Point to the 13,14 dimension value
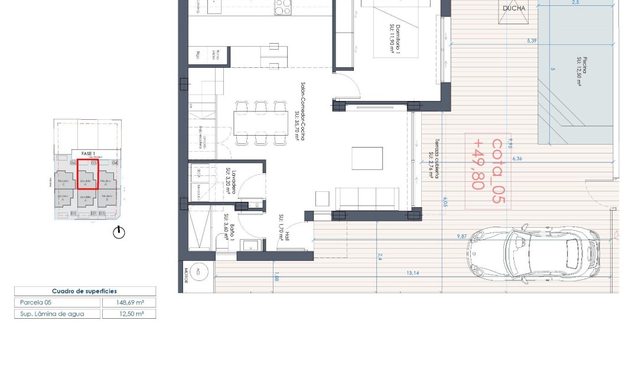412,273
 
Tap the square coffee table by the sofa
363,158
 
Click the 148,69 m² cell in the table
129,303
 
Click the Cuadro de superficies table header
84,291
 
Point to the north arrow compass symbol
119,233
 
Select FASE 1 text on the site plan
89,153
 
